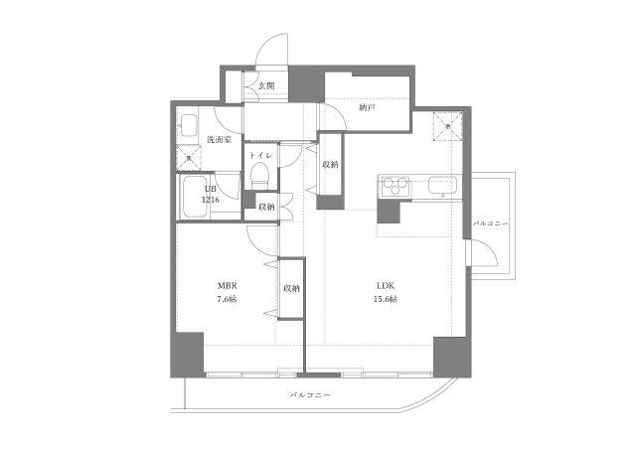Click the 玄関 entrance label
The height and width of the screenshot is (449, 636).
coord(266,86)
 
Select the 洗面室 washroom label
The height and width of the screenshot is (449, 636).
coord(219,140)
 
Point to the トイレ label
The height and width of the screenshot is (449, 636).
coord(260,156)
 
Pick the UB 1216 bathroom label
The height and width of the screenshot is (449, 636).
coord(211,194)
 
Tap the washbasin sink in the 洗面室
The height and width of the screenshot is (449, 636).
coord(188,125)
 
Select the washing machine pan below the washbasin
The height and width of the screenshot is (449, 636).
coord(188,157)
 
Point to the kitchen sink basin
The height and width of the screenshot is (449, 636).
coord(440,185)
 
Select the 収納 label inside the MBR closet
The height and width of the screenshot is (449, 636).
coord(291,288)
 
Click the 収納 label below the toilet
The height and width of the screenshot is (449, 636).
coord(266,207)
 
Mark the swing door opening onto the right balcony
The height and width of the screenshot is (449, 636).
coord(485,254)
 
